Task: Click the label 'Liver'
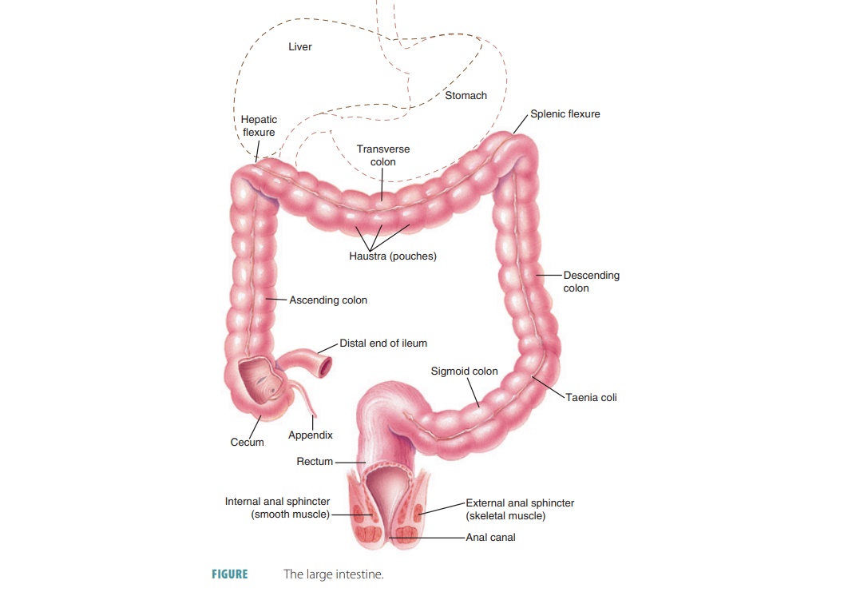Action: pyautogui.click(x=300, y=47)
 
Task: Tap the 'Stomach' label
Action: pyautogui.click(x=466, y=96)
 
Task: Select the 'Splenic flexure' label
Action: pyautogui.click(x=565, y=114)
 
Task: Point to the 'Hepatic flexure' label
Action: pyautogui.click(x=259, y=126)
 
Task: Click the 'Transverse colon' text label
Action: pyautogui.click(x=383, y=156)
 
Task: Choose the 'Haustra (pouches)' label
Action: pyautogui.click(x=393, y=257)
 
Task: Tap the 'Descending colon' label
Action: pyautogui.click(x=591, y=281)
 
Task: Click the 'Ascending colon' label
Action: pyautogui.click(x=328, y=300)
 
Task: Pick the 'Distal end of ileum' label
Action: pyautogui.click(x=383, y=344)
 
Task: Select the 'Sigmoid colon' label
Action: pyautogui.click(x=464, y=372)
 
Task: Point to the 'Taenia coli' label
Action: pyautogui.click(x=591, y=397)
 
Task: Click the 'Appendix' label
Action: pyautogui.click(x=311, y=435)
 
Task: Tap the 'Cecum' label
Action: pyautogui.click(x=248, y=443)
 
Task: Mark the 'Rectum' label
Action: pyautogui.click(x=315, y=462)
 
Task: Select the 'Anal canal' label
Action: pyautogui.click(x=490, y=538)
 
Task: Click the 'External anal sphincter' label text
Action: pyautogui.click(x=520, y=509)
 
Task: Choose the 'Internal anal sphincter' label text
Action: pyautogui.click(x=278, y=508)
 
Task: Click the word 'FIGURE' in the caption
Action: pyautogui.click(x=229, y=574)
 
